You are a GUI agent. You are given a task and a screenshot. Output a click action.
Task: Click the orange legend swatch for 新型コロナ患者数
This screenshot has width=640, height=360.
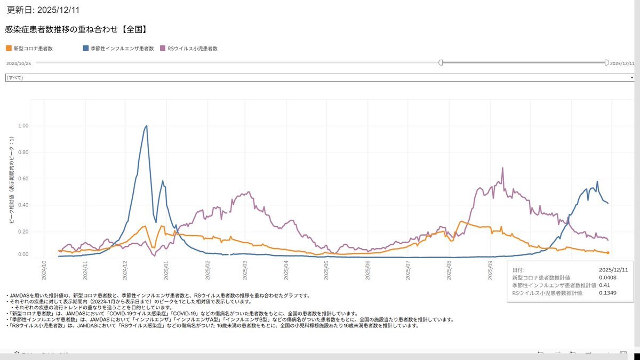[8, 49]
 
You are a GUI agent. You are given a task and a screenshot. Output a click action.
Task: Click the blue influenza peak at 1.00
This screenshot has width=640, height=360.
[147, 126]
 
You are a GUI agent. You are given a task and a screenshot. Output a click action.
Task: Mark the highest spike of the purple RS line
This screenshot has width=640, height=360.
[502, 168]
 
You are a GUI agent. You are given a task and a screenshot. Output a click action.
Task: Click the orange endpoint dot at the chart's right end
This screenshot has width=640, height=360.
[608, 253]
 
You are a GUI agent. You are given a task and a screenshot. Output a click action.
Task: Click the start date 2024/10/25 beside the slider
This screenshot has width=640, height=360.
[19, 63]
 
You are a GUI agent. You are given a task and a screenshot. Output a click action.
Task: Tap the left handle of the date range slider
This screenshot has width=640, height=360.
[441, 63]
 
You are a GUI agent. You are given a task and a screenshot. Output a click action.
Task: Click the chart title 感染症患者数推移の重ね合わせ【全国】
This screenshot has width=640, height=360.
[76, 30]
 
